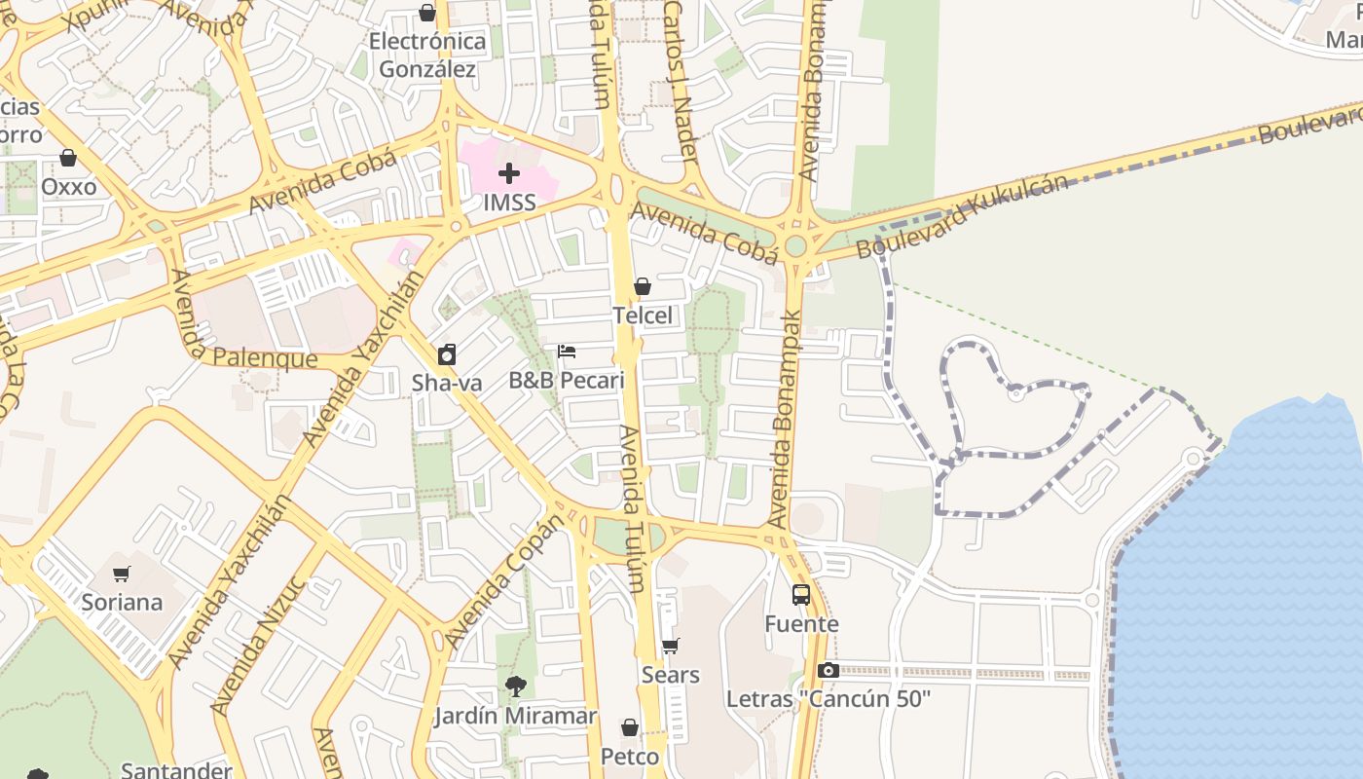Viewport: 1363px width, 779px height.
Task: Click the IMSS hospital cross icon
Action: click(508, 174)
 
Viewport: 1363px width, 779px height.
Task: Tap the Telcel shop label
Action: click(643, 315)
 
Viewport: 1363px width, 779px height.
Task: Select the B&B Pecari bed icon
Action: click(567, 352)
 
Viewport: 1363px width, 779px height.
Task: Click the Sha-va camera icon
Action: click(447, 354)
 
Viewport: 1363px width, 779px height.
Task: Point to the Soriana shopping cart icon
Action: click(122, 574)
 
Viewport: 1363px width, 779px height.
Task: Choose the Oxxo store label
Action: click(69, 186)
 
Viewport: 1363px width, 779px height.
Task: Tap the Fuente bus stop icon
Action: click(801, 595)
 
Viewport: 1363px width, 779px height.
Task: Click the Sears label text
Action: click(670, 675)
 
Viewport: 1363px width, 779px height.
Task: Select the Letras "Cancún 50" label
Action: click(829, 699)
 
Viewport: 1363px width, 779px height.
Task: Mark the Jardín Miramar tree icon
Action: click(516, 686)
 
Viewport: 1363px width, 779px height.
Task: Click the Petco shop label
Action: click(630, 757)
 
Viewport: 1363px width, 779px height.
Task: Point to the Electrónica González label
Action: click(427, 56)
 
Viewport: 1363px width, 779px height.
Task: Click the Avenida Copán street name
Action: click(504, 581)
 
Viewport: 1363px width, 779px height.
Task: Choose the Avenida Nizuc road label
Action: click(259, 643)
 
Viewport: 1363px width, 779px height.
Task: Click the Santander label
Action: click(176, 770)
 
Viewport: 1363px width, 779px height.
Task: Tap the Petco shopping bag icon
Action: click(630, 728)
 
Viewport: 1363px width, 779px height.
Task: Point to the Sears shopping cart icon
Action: click(670, 647)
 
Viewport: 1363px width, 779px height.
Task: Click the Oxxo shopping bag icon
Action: click(68, 158)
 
